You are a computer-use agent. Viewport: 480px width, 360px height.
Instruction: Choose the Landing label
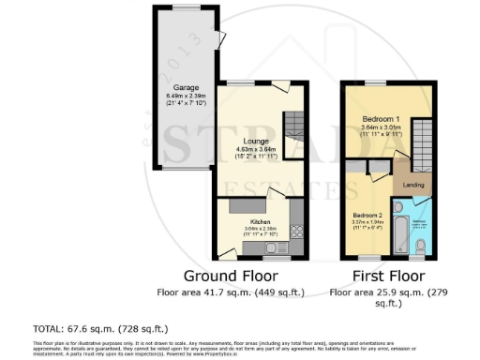(412, 185)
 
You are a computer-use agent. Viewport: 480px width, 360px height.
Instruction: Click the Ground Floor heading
(230, 276)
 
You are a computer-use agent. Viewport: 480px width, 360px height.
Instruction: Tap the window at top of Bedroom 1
(381, 83)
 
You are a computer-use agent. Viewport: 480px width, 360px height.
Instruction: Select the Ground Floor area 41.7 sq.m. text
(230, 292)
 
